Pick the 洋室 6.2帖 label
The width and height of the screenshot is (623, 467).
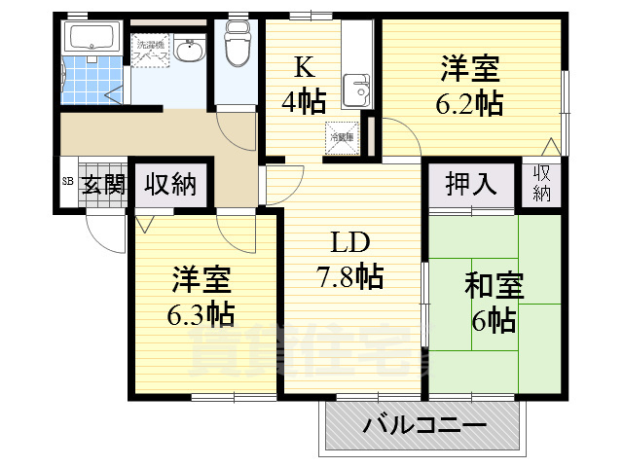[470, 86]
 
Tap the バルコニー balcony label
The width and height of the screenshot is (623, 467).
[424, 426]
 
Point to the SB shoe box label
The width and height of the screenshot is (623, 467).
[67, 182]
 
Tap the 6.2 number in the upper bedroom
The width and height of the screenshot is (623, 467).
[470, 103]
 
